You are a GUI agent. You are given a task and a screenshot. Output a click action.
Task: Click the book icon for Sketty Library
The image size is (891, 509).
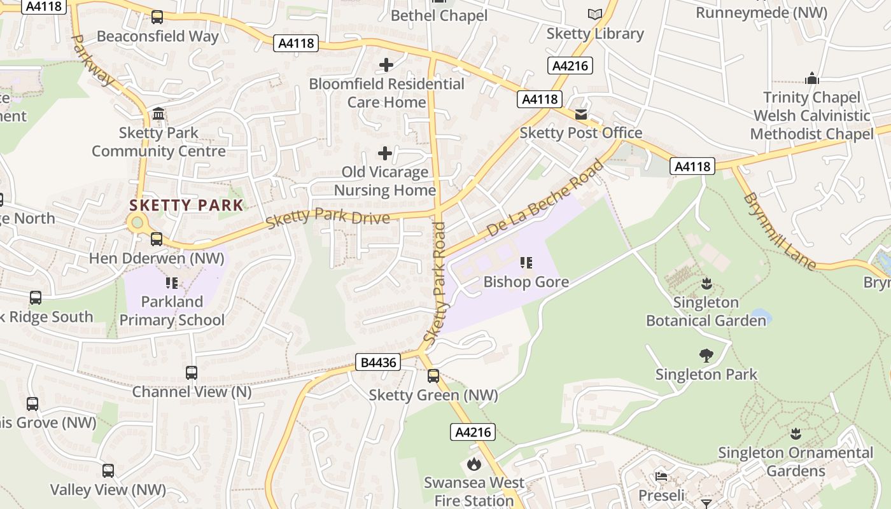click(x=594, y=14)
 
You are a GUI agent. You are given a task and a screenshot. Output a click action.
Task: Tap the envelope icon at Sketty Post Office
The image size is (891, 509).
click(x=581, y=114)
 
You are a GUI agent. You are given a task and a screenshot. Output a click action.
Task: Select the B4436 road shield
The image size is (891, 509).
click(x=378, y=363)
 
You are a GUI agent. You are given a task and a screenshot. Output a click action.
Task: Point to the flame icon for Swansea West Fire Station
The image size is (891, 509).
click(x=474, y=464)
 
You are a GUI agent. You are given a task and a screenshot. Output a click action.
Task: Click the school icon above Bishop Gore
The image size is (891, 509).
click(x=526, y=262)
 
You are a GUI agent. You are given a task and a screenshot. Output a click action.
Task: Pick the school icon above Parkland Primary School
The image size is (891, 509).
click(x=171, y=282)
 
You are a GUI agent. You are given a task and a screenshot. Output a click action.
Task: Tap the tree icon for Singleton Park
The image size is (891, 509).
click(x=706, y=355)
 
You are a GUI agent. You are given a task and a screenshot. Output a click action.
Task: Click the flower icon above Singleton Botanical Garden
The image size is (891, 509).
click(x=706, y=283)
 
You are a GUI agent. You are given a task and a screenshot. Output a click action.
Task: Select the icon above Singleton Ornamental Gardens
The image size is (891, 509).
click(x=795, y=434)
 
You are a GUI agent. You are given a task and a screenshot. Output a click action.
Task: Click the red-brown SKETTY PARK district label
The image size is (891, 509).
click(x=186, y=205)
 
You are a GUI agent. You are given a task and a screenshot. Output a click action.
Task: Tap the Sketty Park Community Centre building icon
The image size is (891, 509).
click(x=158, y=114)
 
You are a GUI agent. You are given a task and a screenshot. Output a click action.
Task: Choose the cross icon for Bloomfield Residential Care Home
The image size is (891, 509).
click(x=386, y=65)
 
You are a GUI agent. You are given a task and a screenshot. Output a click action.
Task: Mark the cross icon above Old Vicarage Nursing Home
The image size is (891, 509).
click(x=385, y=153)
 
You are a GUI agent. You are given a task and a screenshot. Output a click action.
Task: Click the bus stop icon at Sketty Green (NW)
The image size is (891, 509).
click(x=433, y=376)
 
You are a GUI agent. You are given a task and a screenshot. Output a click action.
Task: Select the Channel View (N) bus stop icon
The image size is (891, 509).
click(x=192, y=373)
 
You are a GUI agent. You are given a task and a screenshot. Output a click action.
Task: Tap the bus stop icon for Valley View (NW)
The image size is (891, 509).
click(x=108, y=471)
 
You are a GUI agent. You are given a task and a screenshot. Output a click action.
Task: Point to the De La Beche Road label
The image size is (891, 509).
click(x=545, y=199)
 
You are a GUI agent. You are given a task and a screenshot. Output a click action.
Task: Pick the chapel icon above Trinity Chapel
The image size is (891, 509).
click(x=811, y=79)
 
